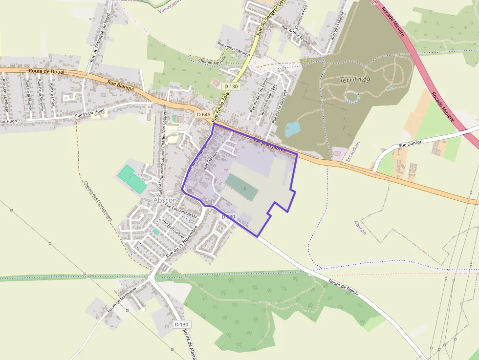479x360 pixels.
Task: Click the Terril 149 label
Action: [355, 80]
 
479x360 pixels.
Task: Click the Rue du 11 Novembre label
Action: [182, 241]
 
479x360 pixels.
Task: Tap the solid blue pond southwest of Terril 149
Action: [292, 129]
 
